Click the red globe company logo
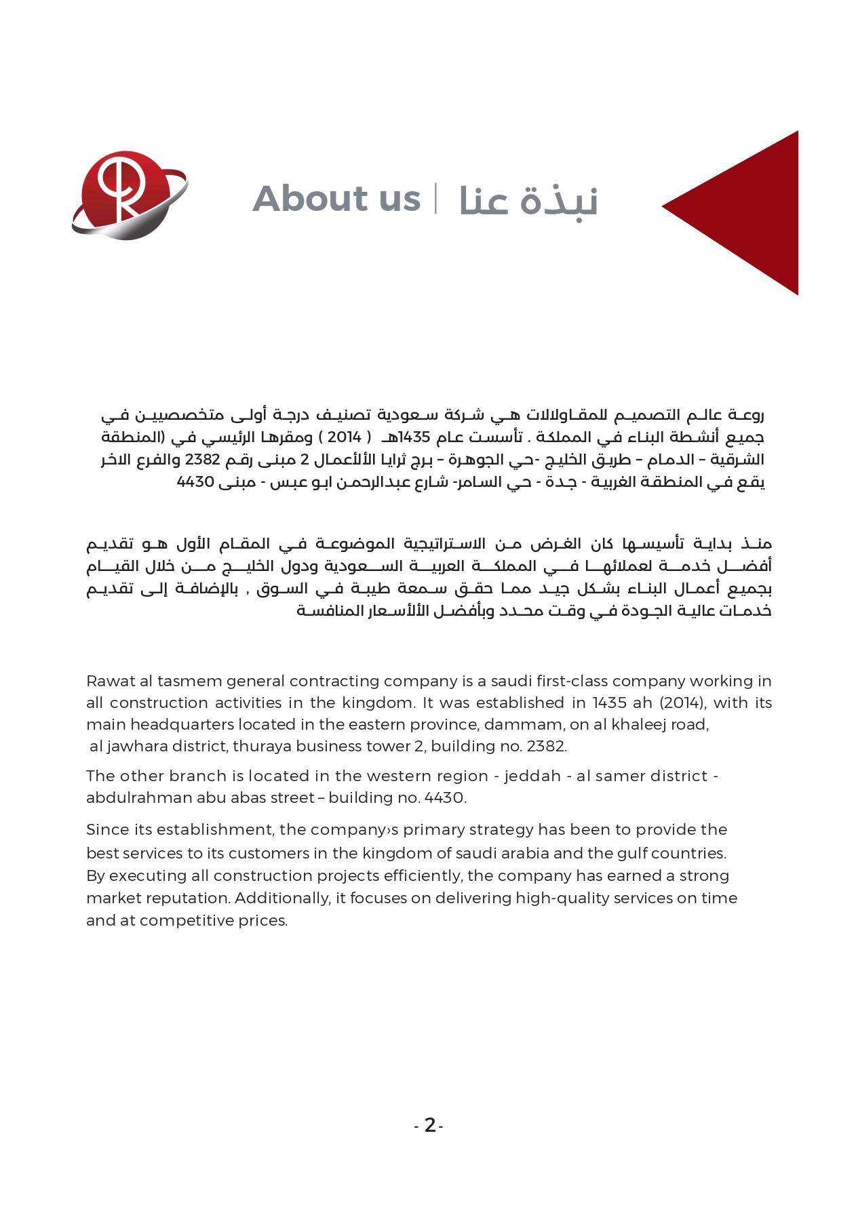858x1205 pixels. pos(129,195)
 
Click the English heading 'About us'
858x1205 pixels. pos(336,199)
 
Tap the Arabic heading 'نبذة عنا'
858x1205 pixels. pos(528,201)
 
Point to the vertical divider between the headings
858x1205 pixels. pos(436,198)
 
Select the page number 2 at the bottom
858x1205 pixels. pos(429,1126)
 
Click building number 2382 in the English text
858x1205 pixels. pos(543,746)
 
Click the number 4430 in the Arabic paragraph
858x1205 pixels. pos(195,482)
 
